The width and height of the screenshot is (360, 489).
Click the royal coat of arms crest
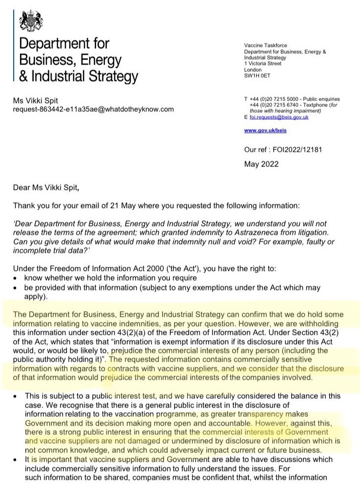pyautogui.click(x=30, y=20)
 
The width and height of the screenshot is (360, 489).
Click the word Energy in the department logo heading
pyautogui.click(x=100, y=61)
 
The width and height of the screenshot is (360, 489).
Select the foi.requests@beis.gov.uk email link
pyautogui.click(x=279, y=117)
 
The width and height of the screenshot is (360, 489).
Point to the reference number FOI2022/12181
pyautogui.click(x=304, y=150)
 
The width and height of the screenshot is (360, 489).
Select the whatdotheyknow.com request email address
pyautogui.click(x=93, y=109)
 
